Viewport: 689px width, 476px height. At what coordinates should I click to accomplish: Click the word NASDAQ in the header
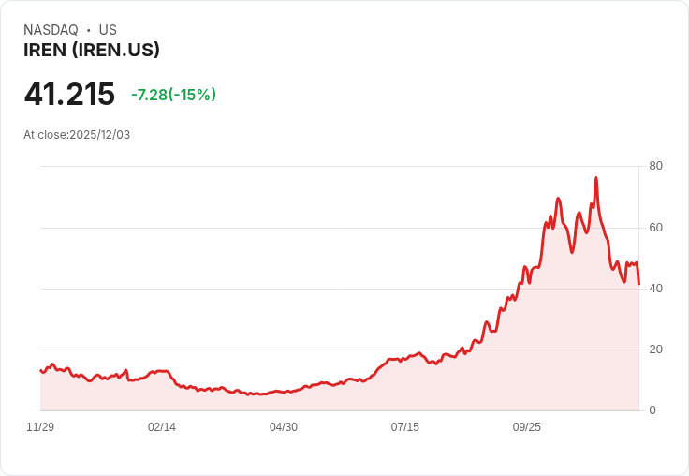51,30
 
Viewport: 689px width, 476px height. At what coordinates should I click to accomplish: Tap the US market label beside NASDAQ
108,30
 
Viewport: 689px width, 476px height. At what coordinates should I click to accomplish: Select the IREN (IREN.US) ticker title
92,50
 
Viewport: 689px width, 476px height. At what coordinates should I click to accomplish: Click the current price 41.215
69,94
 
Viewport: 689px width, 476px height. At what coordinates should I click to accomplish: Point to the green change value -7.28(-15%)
173,95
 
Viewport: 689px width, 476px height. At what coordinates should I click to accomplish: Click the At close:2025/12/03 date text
77,135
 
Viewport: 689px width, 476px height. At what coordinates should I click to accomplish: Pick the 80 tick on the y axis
655,166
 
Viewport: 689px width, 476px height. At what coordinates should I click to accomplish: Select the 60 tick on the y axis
655,228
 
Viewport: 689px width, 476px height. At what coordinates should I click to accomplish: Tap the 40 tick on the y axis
655,289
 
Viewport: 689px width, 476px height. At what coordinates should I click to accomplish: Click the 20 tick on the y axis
655,350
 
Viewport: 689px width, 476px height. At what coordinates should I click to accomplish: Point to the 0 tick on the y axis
652,410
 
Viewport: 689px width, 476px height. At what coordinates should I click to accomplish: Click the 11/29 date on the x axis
40,427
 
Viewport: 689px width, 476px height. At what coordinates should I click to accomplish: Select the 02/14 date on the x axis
162,427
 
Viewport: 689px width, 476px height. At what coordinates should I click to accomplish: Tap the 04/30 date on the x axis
284,427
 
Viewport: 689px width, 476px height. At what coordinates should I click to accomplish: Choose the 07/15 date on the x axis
405,427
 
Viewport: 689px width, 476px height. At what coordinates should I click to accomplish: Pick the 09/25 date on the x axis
527,427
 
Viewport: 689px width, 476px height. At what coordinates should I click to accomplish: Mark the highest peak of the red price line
596,177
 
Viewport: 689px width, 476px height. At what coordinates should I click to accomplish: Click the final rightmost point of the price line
638,284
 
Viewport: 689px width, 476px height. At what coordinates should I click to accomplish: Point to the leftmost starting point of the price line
40,370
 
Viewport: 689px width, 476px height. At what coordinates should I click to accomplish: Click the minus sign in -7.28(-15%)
134,95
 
